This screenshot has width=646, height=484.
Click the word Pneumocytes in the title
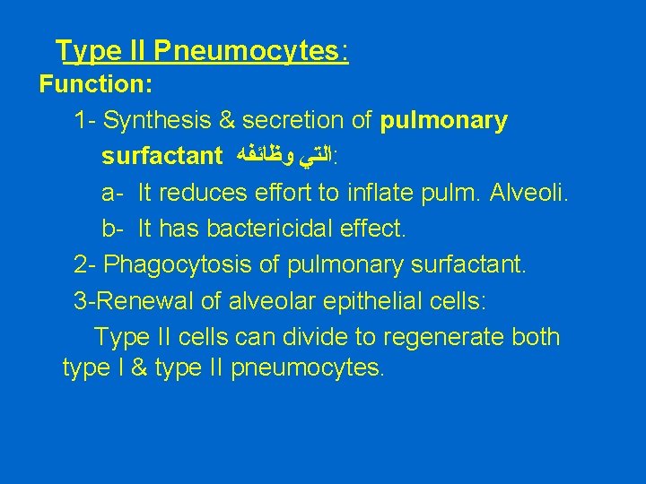tap(247, 52)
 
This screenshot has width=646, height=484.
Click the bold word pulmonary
tap(444, 120)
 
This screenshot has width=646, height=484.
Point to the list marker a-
tap(112, 193)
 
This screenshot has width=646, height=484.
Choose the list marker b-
tap(112, 229)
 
